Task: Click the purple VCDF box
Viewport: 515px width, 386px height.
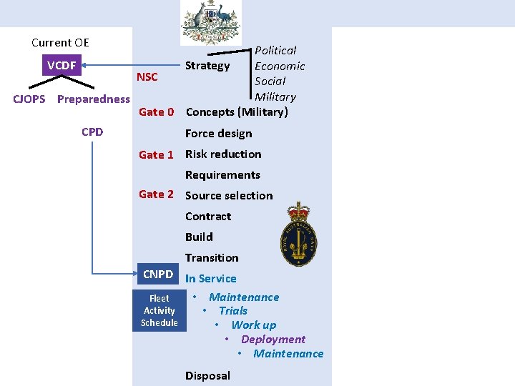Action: point(62,66)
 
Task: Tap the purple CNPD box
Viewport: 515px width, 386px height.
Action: point(158,274)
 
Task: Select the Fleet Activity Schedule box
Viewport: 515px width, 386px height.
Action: point(159,311)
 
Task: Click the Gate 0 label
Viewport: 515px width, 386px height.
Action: point(156,112)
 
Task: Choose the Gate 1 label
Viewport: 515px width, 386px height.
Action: point(156,154)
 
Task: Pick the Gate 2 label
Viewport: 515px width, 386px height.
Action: point(156,194)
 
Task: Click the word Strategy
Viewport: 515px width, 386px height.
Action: point(207,66)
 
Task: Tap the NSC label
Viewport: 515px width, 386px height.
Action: point(147,77)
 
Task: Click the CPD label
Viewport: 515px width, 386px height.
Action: point(92,132)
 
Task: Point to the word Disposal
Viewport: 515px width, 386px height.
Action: point(207,375)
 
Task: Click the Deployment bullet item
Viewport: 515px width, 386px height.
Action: point(273,340)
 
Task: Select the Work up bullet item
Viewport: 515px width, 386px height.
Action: point(253,325)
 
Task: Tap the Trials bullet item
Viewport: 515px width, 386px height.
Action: point(232,311)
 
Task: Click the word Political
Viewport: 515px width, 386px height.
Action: point(275,51)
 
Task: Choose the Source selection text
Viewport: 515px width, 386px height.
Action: point(229,195)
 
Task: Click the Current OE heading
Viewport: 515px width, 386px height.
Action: point(60,43)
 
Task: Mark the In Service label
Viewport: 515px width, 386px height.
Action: point(210,279)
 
